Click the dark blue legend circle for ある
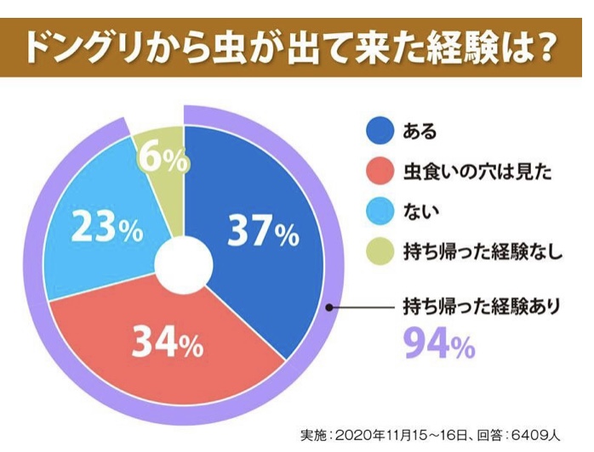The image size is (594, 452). (379, 131)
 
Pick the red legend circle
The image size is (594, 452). (379, 172)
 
